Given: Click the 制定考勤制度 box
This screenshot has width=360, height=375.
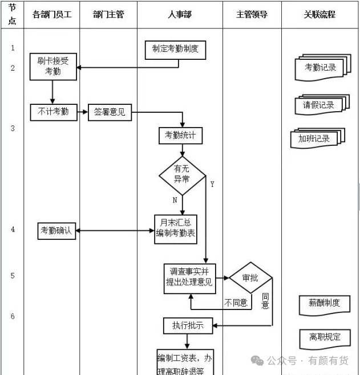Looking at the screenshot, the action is [175, 50].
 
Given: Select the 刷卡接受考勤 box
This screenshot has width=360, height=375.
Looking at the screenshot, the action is [53, 67].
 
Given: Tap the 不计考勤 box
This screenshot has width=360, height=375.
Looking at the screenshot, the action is [54, 112].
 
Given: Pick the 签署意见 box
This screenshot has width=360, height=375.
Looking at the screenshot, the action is [110, 112].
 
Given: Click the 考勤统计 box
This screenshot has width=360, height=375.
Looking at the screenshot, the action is [180, 136].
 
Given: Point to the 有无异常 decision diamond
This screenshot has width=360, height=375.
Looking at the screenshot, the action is [182, 176].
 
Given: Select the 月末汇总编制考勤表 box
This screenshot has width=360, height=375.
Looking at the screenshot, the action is [176, 229].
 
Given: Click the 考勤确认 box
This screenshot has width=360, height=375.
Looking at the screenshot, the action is [56, 231].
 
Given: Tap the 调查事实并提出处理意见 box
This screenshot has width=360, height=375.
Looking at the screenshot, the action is [189, 279].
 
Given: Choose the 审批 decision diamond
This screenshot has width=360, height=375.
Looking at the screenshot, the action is [250, 278].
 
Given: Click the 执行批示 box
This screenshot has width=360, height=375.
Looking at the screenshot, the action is [188, 325].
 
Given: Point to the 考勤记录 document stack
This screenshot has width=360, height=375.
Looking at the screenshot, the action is [323, 67].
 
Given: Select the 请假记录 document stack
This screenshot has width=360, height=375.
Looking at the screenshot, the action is [322, 105].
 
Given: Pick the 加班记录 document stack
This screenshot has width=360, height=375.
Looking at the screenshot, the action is [317, 138].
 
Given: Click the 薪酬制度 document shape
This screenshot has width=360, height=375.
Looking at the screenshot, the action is [324, 305].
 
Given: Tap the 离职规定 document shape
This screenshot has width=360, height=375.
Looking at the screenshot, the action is [325, 339].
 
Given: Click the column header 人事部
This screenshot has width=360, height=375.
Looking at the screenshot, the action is [180, 15].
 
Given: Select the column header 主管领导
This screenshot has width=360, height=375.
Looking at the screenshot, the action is [252, 15].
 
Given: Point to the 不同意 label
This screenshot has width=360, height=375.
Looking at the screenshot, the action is [236, 303].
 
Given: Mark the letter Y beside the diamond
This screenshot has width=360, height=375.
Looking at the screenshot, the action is [212, 184].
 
